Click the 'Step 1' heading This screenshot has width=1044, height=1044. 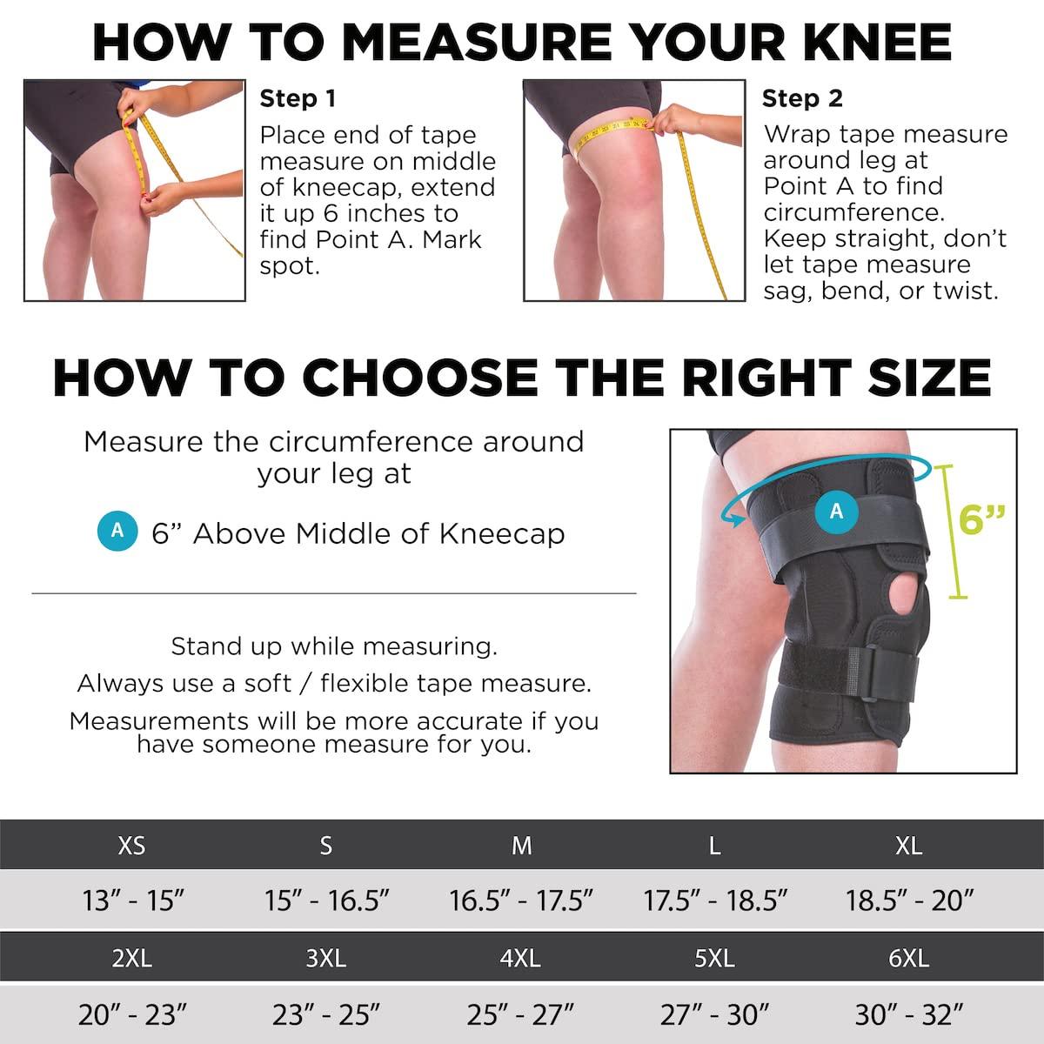pos(298,98)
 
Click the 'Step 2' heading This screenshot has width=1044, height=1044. pos(802,98)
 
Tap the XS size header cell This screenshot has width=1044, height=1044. pos(131,845)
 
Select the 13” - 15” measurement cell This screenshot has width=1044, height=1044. pos(133,900)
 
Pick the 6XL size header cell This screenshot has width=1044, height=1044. pos(909,958)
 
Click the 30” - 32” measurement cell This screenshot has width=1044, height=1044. pos(909,1014)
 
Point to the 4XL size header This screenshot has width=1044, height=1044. pos(520,958)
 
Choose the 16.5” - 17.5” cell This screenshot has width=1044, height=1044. pos(520,900)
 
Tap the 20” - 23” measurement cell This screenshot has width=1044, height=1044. pos(133,1014)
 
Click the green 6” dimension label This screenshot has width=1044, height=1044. pos(982,519)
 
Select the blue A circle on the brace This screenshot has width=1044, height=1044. pos(837,511)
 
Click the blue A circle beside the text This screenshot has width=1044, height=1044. pos(117,531)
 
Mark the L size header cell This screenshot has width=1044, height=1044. pos(714,845)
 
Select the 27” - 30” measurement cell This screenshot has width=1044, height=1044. pos(714,1014)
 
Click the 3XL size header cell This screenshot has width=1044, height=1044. pos(326,958)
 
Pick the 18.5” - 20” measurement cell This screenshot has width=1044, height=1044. pos(909,900)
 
